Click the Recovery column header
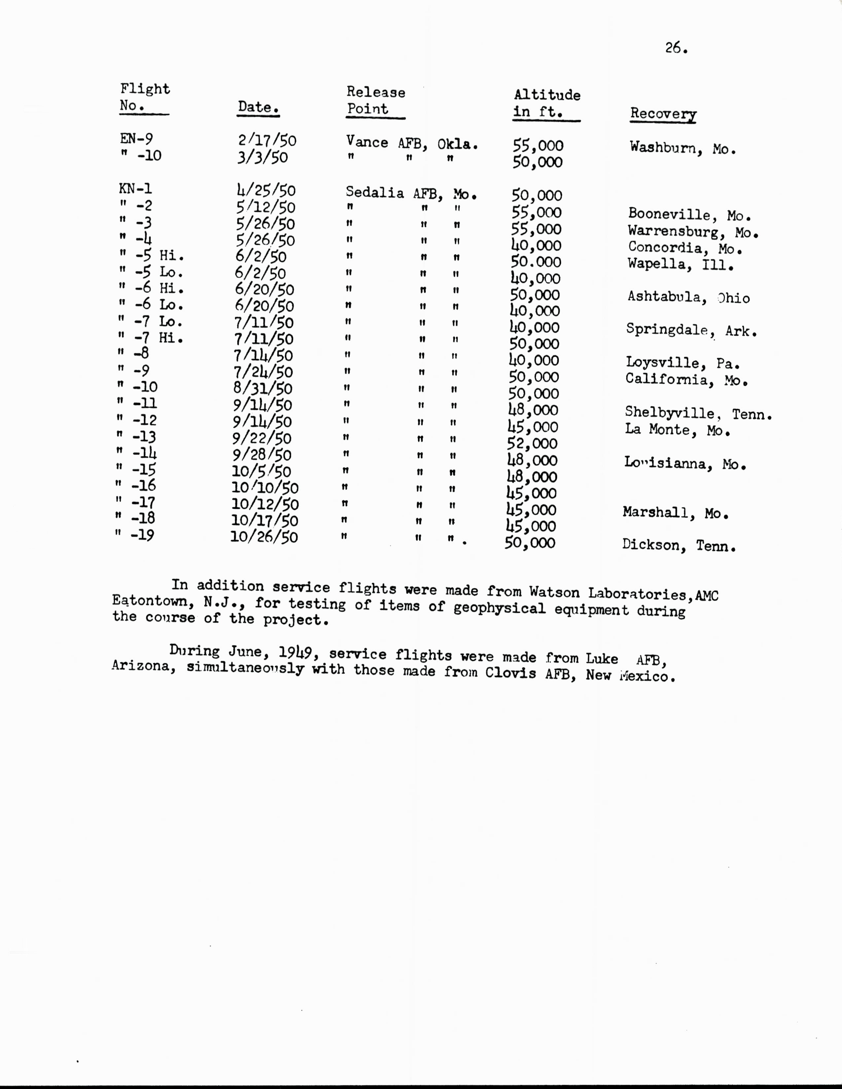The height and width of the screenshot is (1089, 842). pyautogui.click(x=663, y=114)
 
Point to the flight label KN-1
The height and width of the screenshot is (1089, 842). pyautogui.click(x=135, y=189)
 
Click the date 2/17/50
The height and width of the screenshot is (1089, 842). pyautogui.click(x=267, y=141)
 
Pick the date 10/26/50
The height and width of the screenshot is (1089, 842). pyautogui.click(x=264, y=537)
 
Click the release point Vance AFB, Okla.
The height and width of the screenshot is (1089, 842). pyautogui.click(x=412, y=143)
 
